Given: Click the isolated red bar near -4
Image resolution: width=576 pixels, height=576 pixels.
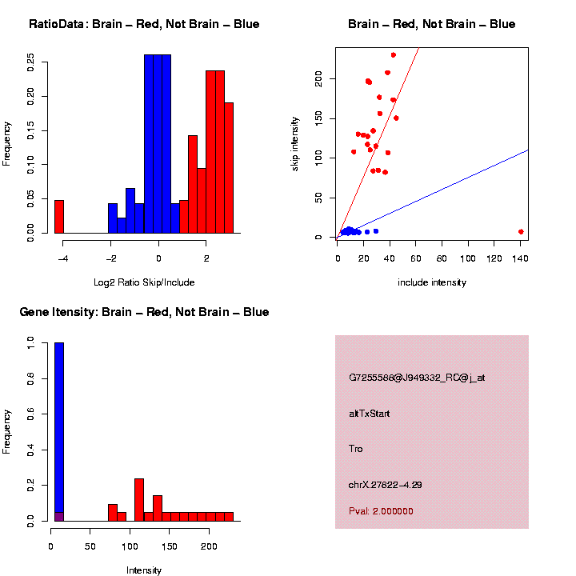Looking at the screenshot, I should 58,217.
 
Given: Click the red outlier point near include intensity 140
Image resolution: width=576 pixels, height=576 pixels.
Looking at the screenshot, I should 521,232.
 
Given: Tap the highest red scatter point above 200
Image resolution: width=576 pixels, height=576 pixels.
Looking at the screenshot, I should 394,55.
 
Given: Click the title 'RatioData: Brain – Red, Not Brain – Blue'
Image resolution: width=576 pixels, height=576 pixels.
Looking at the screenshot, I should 144,24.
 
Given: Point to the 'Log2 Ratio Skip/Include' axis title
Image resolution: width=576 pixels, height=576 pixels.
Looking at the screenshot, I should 144,282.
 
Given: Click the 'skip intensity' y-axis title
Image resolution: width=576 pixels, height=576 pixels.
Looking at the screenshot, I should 295,142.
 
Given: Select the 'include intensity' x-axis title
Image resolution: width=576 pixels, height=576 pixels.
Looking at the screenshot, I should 432,282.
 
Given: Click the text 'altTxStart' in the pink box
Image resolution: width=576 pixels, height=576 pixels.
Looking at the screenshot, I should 370,414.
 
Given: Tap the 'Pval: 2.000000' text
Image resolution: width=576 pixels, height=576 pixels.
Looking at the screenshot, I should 382,511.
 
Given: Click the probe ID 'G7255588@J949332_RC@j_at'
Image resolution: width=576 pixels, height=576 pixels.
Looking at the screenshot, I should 417,378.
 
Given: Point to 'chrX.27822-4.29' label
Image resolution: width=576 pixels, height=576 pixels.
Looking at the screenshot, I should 386,484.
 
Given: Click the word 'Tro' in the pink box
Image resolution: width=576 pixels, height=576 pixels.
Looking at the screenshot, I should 356,449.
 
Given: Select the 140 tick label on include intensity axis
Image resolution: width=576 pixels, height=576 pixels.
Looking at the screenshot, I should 521,258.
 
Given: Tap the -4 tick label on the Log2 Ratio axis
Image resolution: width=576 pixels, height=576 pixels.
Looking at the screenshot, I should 62,258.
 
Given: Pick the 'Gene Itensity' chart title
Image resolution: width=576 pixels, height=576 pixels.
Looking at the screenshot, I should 144,312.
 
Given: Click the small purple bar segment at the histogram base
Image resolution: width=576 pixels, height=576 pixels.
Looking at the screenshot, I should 58,516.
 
